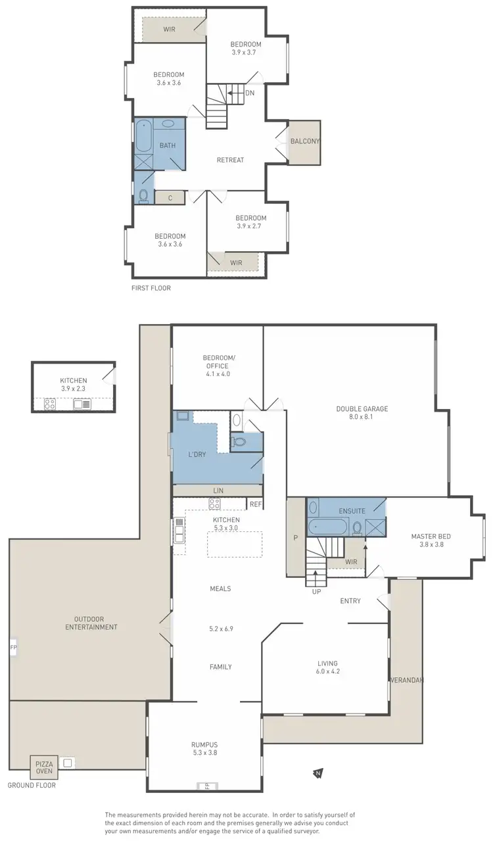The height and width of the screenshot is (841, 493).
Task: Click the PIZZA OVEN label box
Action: point(43,767)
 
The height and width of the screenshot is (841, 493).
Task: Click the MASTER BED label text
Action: point(431,536)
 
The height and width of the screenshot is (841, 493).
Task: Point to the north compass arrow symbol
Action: point(318,773)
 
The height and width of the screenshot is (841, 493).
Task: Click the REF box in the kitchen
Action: point(255,504)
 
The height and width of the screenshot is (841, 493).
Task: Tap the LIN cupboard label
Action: point(218,491)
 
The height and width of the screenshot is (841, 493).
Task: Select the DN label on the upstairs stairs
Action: point(250,93)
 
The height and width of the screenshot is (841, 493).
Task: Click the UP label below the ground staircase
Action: point(316,592)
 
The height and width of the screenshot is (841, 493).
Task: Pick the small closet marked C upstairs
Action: point(170,197)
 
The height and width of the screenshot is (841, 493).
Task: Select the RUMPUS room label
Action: point(204,744)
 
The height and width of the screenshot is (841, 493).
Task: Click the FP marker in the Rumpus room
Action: point(205,785)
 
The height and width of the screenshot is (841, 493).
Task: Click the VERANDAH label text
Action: point(406,680)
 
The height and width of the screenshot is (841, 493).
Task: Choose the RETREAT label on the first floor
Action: point(230,160)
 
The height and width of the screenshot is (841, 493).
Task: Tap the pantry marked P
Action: point(296,537)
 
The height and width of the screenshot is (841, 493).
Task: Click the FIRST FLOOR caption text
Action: point(151,288)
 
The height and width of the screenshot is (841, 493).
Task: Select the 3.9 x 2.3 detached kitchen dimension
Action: point(73,389)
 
